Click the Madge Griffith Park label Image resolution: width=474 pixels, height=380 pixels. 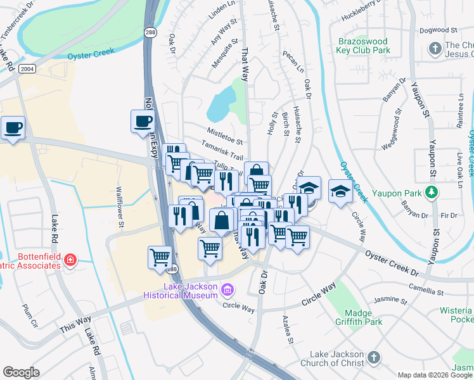(x=363, y=317)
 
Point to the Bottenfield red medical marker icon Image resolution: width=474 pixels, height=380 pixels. (x=69, y=260)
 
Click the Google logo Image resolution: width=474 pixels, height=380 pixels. (x=21, y=372)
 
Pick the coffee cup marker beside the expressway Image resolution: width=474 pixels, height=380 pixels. (x=142, y=121)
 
